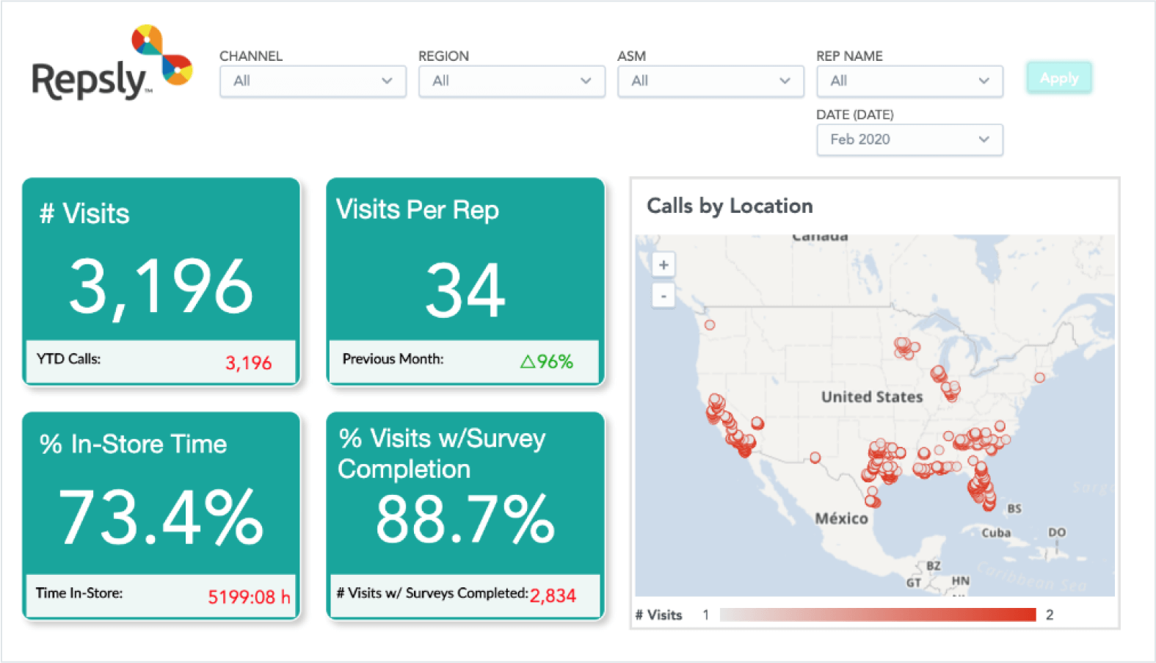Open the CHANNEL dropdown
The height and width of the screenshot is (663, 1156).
313,81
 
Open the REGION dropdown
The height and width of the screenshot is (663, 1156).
512,81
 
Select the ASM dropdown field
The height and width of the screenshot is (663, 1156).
710,81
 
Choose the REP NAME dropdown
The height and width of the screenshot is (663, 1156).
909,81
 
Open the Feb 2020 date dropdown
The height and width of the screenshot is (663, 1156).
909,140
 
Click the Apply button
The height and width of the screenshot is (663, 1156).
1058,78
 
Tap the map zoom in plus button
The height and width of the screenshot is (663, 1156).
664,265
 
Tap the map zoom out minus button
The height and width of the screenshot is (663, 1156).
664,297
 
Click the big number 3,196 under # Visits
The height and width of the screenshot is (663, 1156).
161,287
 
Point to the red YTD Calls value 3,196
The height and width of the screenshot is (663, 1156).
248,363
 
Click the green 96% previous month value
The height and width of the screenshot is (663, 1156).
547,361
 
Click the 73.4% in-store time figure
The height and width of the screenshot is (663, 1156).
161,518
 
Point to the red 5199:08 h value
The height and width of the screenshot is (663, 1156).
249,597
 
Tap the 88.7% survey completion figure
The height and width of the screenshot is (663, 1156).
465,519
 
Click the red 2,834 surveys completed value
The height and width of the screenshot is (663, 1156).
553,595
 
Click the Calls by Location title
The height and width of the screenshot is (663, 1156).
730,206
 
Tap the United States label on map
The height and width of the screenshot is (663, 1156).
872,397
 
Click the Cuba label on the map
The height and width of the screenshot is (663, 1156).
996,533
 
